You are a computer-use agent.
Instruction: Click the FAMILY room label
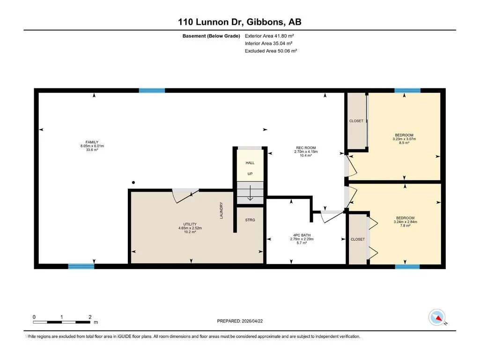pos(92,142)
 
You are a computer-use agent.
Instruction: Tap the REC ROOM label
pos(305,147)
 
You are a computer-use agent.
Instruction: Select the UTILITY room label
pos(190,224)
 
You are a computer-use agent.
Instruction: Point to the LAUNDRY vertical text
pos(221,210)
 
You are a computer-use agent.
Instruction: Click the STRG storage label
pos(250,220)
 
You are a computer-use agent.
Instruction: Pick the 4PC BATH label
pos(302,235)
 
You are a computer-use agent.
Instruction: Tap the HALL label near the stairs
pos(250,163)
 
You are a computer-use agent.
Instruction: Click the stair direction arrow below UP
pos(250,193)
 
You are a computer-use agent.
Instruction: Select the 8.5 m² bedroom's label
pos(404,135)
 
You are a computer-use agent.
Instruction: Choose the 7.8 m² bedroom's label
pos(405,218)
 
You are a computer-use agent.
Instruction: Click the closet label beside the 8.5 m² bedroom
pos(356,121)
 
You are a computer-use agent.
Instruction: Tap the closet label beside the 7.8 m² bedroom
pos(358,239)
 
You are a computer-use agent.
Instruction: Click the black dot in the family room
pos(133,183)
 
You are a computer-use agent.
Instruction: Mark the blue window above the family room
pos(152,90)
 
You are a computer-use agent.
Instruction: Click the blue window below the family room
pos(81,266)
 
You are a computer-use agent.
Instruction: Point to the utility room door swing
pos(185,197)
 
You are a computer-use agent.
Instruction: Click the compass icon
pos(437,317)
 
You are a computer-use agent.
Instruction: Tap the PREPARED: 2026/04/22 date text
pos(240,321)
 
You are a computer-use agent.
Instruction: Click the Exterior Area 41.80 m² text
pos(269,36)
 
